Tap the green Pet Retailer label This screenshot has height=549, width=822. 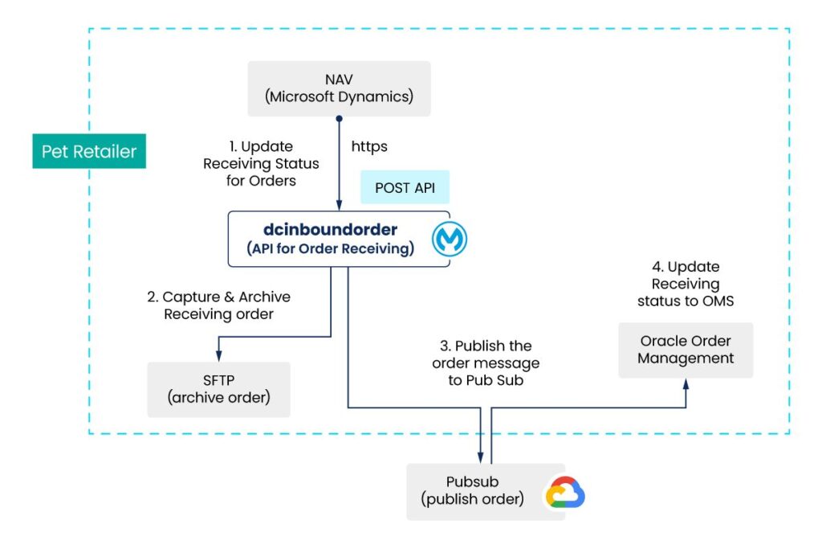pos(89,151)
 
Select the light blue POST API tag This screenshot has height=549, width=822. pos(405,187)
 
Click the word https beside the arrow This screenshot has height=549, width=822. pos(369,147)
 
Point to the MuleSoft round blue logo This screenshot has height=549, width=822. pos(450,240)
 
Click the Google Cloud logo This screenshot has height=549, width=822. pos(565,493)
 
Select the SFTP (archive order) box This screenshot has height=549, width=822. pos(218,389)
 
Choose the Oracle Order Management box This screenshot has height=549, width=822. pos(686,350)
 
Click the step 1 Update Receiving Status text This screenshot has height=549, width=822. pos(260,164)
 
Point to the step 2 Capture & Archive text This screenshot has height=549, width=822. pos(218,305)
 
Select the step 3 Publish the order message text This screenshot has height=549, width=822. pos(486,363)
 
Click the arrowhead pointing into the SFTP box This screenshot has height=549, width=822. pos(218,357)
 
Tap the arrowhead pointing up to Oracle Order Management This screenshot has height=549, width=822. pos(686,383)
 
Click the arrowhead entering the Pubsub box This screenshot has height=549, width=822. pos(481,458)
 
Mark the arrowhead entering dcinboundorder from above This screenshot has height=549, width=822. pos(340,206)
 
